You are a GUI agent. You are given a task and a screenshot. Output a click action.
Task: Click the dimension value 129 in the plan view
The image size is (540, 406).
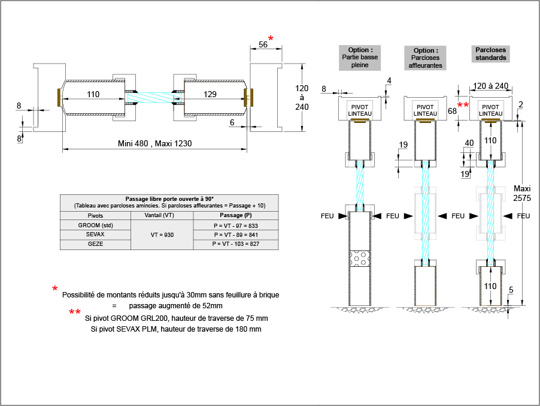tap(210, 94)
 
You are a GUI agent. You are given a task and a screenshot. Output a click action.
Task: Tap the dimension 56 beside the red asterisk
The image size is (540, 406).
tap(262, 44)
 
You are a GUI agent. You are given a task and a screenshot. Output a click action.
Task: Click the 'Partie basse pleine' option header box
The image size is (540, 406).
tap(359, 58)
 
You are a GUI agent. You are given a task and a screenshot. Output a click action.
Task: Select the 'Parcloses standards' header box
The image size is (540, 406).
tap(491, 53)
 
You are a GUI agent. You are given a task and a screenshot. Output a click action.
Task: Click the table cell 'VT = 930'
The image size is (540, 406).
tap(162, 235)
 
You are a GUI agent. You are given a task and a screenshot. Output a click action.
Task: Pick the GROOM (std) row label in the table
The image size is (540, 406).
tap(95, 225)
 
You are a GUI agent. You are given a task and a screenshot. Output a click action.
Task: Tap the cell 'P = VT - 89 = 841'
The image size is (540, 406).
tap(236, 235)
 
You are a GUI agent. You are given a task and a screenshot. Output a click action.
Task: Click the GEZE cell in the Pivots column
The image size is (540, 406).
tap(95, 245)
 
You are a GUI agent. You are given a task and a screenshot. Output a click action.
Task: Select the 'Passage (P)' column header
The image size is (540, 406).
tap(236, 215)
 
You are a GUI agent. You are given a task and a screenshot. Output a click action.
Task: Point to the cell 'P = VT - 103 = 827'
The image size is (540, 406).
tap(236, 245)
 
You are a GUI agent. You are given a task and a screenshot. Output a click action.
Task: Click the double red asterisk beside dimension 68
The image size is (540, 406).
tap(463, 106)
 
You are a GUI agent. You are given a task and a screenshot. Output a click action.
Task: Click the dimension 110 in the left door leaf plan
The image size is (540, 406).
tap(93, 94)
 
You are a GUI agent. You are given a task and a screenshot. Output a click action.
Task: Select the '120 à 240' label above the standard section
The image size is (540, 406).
tap(491, 86)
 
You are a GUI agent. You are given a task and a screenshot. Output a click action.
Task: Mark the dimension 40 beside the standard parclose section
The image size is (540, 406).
tap(469, 143)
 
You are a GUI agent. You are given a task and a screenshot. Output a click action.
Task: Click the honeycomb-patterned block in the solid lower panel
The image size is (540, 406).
tap(360, 259)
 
